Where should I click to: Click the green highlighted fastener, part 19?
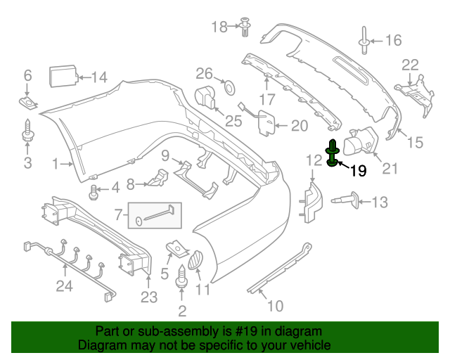click(x=332, y=154)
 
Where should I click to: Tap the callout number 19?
click(x=358, y=170)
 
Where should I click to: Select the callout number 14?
click(x=99, y=77)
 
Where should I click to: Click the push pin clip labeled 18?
click(x=245, y=27)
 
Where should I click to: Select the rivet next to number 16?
click(x=364, y=39)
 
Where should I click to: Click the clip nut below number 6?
click(x=29, y=104)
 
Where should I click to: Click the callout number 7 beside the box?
click(x=118, y=212)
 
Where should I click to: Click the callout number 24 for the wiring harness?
click(x=65, y=285)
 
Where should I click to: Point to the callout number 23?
click(x=148, y=297)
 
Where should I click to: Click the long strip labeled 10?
click(x=281, y=269)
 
